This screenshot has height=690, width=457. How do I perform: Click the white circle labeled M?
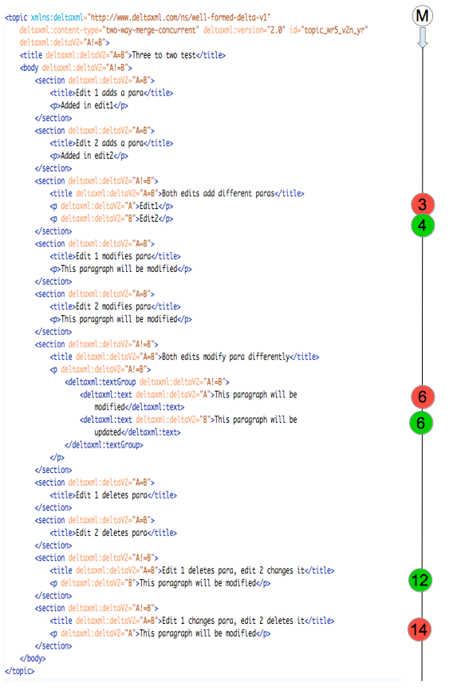pyautogui.click(x=422, y=16)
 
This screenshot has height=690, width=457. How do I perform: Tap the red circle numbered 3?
pyautogui.click(x=423, y=204)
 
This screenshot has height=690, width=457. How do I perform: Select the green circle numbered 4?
pyautogui.click(x=422, y=225)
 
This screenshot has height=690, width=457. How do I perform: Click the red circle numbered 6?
pyautogui.click(x=422, y=396)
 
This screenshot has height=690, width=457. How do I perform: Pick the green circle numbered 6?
pyautogui.click(x=421, y=423)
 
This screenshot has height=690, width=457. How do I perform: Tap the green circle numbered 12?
pyautogui.click(x=420, y=580)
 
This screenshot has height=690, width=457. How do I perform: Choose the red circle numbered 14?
pyautogui.click(x=420, y=629)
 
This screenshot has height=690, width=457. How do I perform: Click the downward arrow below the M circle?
pyautogui.click(x=422, y=37)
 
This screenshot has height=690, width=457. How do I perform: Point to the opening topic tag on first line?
pyautogui.click(x=16, y=18)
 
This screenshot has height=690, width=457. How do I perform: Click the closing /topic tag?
pyautogui.click(x=19, y=671)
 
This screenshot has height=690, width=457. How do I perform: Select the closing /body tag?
pyautogui.click(x=33, y=658)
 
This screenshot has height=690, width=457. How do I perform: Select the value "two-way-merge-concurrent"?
pyautogui.click(x=151, y=30)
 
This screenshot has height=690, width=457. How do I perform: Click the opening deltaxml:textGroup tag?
pyautogui.click(x=100, y=382)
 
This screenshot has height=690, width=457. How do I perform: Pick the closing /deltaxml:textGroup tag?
pyautogui.click(x=104, y=445)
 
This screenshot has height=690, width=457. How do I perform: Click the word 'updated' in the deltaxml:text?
pyautogui.click(x=108, y=432)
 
